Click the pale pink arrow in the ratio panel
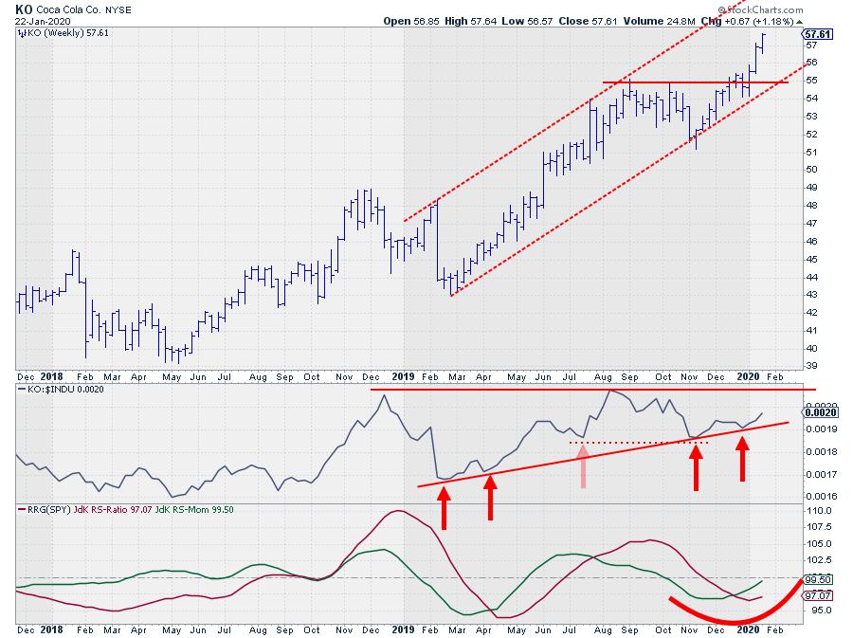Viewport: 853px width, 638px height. pos(584,467)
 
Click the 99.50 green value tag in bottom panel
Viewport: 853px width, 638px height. pos(818,578)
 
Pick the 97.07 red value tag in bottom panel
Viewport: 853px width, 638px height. pos(818,595)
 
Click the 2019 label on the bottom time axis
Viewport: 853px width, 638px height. pos(405,629)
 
